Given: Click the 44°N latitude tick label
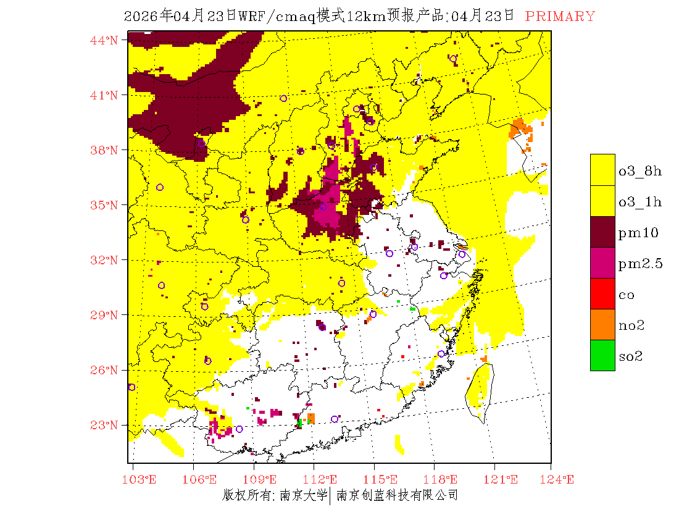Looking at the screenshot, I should pyautogui.click(x=105, y=40).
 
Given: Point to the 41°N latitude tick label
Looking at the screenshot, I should pyautogui.click(x=105, y=95).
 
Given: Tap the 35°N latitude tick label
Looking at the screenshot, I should pyautogui.click(x=105, y=205).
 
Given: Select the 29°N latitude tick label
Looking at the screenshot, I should pyautogui.click(x=105, y=315).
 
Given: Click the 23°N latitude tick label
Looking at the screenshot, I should pyautogui.click(x=105, y=425).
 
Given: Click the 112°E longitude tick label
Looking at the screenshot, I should pyautogui.click(x=325, y=480).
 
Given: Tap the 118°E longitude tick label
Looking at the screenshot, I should pyautogui.click(x=444, y=480).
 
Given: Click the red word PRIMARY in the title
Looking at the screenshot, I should pyautogui.click(x=560, y=17).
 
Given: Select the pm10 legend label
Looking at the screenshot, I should pyautogui.click(x=638, y=233).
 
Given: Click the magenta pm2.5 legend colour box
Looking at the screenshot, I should pyautogui.click(x=602, y=262).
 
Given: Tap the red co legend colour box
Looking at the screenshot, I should pyautogui.click(x=602, y=293).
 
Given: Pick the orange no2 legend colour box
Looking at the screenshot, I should pyautogui.click(x=602, y=324).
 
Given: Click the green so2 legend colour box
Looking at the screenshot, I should pyautogui.click(x=602, y=355).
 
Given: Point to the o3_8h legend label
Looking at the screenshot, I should pyautogui.click(x=640, y=171).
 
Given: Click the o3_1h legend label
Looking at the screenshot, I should pyautogui.click(x=640, y=202).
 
